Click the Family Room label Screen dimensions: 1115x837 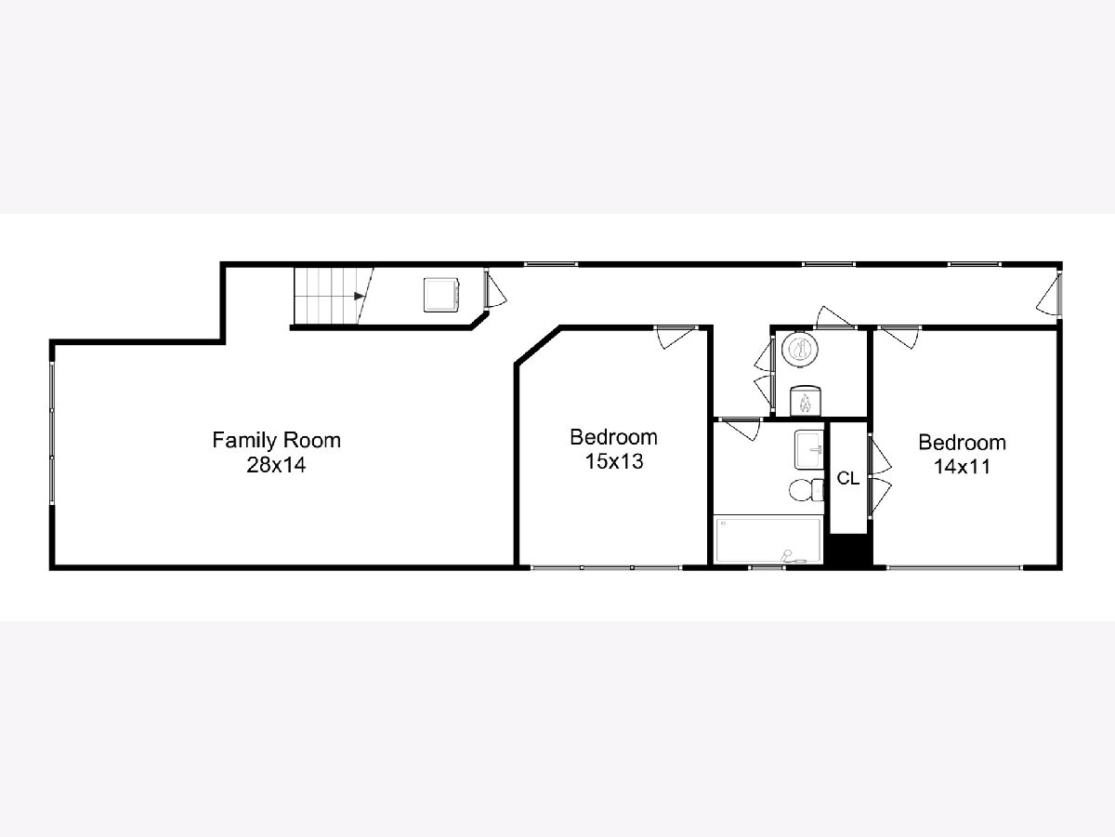(x=276, y=440)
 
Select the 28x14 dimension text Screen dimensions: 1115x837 (x=276, y=465)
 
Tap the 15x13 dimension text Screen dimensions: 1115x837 (x=614, y=461)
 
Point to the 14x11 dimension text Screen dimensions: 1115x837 (x=962, y=467)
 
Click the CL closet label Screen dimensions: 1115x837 (x=847, y=478)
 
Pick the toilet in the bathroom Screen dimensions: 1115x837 (x=807, y=490)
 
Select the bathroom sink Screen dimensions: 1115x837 (x=808, y=450)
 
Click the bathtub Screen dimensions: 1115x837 (x=767, y=539)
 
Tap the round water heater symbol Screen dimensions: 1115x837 (x=800, y=349)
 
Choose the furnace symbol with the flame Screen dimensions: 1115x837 (x=806, y=401)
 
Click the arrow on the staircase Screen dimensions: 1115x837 (x=360, y=296)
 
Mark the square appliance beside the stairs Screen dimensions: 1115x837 (x=441, y=295)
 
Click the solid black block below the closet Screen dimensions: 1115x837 (x=847, y=550)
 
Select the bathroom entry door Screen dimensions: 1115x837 (x=741, y=429)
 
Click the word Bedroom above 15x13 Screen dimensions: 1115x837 (x=613, y=437)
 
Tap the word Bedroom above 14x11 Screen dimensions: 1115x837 (x=962, y=443)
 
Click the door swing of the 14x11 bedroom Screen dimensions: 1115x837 (x=899, y=338)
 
